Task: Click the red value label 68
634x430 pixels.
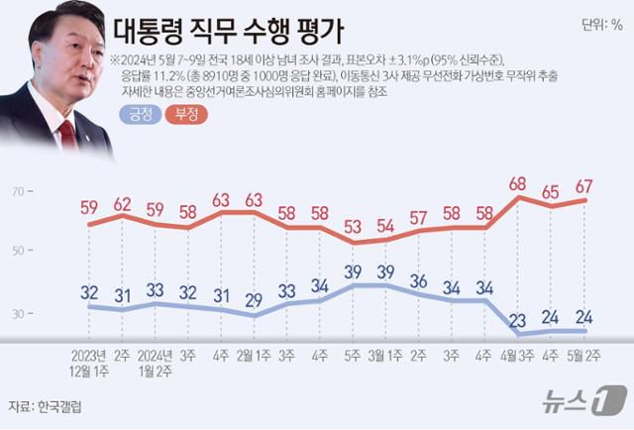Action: pos(516,183)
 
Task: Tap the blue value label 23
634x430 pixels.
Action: pos(516,318)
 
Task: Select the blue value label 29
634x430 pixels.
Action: pos(256,299)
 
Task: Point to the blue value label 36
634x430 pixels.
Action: pos(419,280)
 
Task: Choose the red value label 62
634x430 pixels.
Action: pos(123,205)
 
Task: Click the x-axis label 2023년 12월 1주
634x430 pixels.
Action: pos(89,363)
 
